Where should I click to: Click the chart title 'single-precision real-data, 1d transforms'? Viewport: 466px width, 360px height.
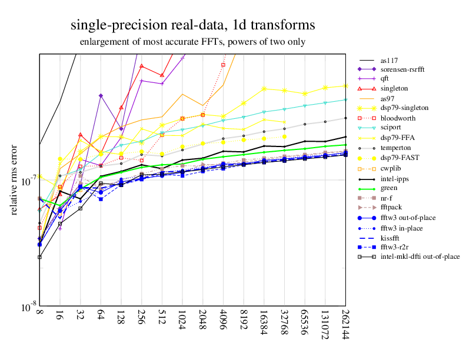click(192, 25)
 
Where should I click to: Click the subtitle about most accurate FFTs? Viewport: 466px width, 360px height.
click(192, 42)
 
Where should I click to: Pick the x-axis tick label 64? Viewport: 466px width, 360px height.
click(101, 321)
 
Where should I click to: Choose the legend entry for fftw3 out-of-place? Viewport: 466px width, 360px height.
click(407, 217)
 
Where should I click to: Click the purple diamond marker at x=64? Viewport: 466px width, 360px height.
click(101, 95)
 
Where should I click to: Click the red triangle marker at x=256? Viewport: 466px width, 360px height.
click(141, 66)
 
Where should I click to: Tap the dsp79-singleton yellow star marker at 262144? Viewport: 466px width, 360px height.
click(345, 86)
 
